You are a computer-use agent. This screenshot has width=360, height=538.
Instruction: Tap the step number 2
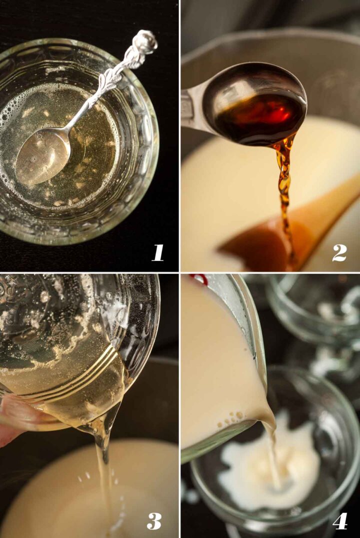click(339, 252)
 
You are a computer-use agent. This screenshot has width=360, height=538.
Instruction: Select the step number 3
click(154, 520)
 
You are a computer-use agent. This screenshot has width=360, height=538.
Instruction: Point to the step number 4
click(339, 521)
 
